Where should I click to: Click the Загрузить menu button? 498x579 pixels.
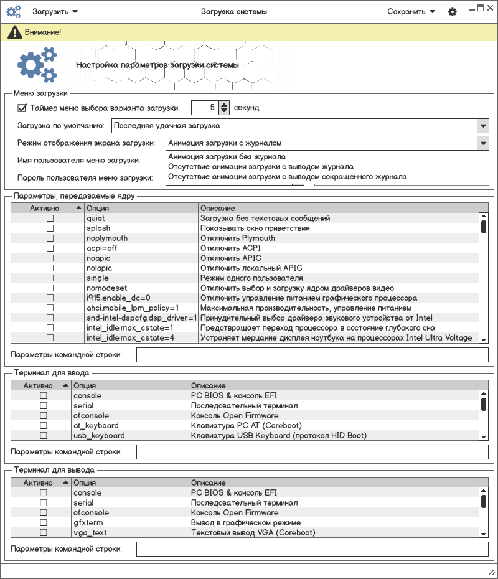click(x=55, y=12)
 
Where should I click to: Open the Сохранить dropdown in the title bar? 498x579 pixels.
click(x=410, y=12)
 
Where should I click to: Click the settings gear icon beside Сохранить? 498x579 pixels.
click(x=453, y=12)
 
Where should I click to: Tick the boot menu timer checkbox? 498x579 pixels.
click(x=22, y=108)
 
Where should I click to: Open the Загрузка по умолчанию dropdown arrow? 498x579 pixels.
click(x=483, y=126)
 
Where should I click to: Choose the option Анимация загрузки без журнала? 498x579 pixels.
click(x=227, y=157)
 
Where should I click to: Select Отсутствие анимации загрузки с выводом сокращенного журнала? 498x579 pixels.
click(x=288, y=177)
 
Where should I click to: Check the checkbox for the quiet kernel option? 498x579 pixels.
click(x=50, y=219)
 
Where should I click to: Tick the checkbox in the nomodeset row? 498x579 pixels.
click(x=50, y=288)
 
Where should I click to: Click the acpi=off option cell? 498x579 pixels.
click(x=101, y=248)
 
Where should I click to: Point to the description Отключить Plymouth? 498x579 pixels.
click(x=237, y=238)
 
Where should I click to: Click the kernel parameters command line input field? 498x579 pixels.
click(x=312, y=355)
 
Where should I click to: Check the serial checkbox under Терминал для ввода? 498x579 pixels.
click(x=44, y=406)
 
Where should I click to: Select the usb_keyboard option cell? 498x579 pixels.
click(x=99, y=436)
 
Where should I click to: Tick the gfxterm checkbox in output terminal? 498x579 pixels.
click(x=44, y=523)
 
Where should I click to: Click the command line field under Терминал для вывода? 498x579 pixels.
click(x=312, y=548)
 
